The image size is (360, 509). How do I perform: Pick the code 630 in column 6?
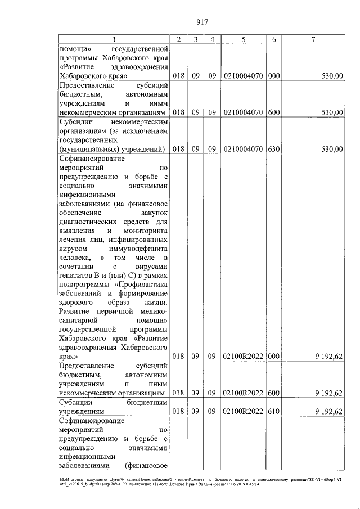pyautogui.click(x=274, y=149)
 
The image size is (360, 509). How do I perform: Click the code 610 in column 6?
pyautogui.click(x=274, y=411)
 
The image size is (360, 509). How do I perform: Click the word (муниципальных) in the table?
pyautogui.click(x=85, y=149)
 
